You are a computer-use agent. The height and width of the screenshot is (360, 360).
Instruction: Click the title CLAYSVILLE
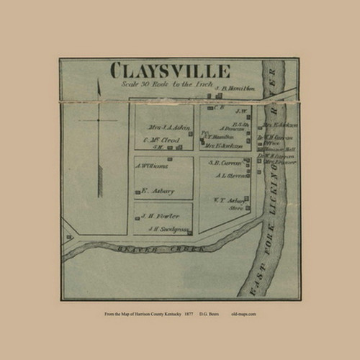tap(170, 71)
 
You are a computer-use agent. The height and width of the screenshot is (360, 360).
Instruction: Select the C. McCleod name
tap(161, 138)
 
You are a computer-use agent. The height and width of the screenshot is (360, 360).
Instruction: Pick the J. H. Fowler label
tap(156, 216)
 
